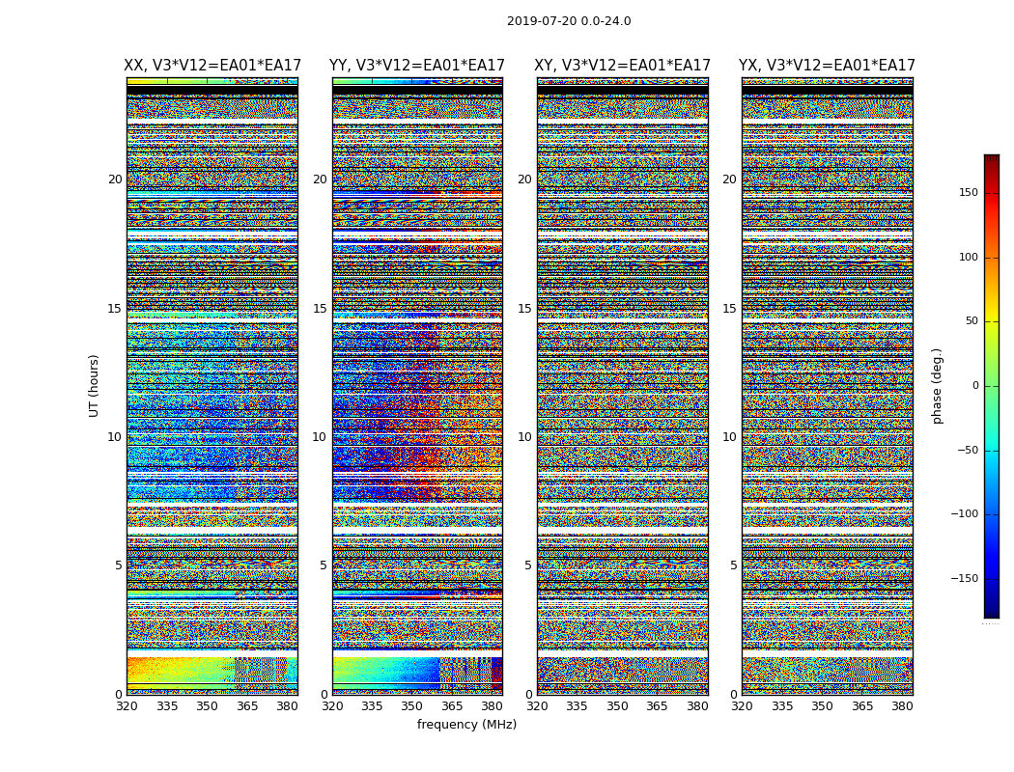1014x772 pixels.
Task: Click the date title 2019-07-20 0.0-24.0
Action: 569,21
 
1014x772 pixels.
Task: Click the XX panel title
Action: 212,66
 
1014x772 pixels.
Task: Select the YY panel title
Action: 417,66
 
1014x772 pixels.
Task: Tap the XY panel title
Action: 623,66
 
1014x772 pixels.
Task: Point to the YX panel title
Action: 827,66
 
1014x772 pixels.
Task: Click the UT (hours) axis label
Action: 94,385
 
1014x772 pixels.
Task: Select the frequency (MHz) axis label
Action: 466,725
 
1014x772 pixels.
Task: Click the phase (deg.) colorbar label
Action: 937,385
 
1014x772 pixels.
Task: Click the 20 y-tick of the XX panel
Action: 115,179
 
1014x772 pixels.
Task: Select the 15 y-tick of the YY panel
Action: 320,309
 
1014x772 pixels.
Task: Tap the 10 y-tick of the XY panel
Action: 524,437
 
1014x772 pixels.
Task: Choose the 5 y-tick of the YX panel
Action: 733,565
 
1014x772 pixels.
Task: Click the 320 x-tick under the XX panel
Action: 127,706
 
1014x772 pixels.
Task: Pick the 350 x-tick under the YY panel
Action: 412,706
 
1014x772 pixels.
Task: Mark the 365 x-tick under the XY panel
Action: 657,706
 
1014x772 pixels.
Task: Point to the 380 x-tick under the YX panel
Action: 902,706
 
